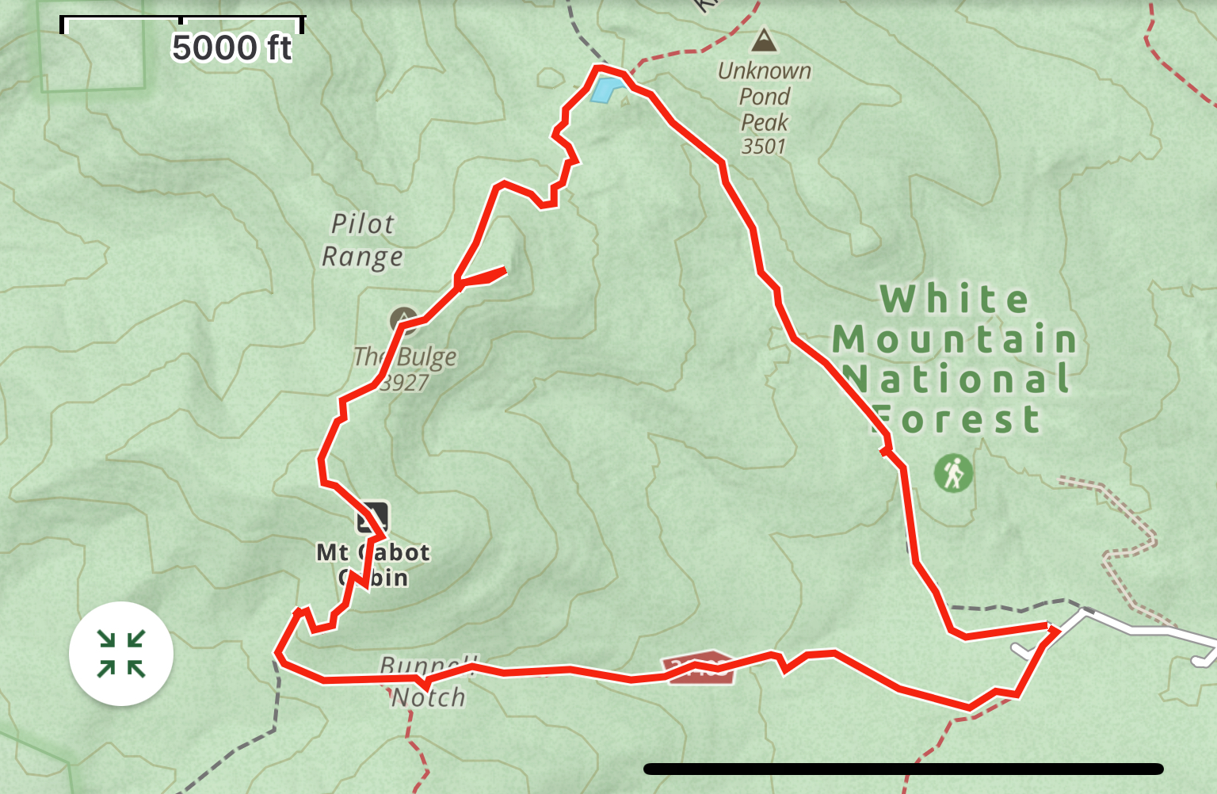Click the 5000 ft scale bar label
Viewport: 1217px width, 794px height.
point(231,48)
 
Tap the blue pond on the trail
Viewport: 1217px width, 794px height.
point(604,90)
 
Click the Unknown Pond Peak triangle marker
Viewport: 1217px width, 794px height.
point(764,40)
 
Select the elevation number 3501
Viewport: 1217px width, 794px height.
point(764,147)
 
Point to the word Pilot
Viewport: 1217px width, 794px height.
point(362,224)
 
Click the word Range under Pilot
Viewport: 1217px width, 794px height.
point(362,257)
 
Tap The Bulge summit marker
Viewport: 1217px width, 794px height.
point(404,319)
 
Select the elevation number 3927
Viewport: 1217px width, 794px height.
point(404,383)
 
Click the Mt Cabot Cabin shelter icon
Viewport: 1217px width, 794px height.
point(372,517)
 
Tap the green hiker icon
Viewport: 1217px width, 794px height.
point(953,473)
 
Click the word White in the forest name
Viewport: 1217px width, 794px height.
point(955,300)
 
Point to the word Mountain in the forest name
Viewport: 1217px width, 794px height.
point(955,340)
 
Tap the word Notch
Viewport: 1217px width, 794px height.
point(429,697)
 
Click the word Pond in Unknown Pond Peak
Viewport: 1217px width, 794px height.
point(765,97)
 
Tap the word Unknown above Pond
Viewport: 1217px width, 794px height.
point(765,71)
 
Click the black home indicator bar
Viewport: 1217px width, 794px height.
point(903,769)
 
